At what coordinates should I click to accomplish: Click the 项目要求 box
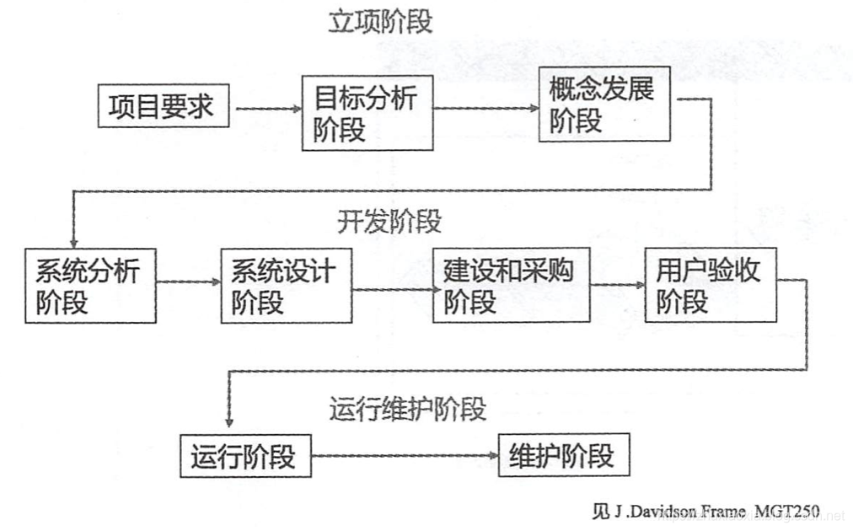tap(163, 106)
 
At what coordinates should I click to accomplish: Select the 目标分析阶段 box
tap(367, 112)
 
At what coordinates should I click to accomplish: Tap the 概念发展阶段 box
tap(604, 105)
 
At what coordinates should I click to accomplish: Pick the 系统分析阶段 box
tap(90, 285)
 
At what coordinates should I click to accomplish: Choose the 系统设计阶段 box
tap(286, 285)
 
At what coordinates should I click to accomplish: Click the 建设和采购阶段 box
tap(511, 285)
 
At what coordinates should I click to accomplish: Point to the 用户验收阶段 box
tap(711, 285)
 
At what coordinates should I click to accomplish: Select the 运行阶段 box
tap(244, 456)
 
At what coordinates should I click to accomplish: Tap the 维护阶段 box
tap(563, 456)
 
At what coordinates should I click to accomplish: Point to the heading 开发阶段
tap(389, 222)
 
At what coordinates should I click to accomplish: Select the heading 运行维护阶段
tap(408, 409)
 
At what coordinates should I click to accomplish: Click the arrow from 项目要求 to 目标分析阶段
tap(266, 108)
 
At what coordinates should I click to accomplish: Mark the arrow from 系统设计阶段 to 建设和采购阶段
tap(392, 289)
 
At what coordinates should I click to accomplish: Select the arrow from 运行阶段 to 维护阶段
tap(405, 456)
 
